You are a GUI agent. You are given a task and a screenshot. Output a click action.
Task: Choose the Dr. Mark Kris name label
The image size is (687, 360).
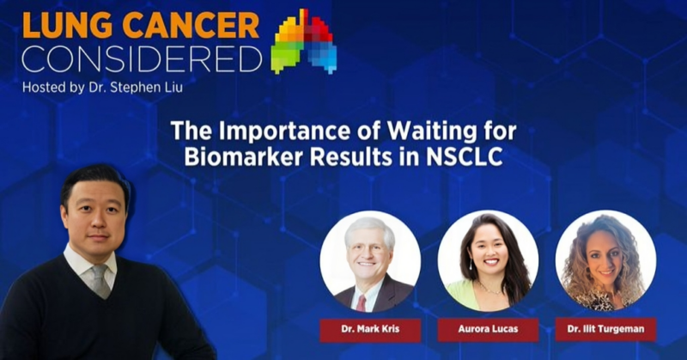(x=370, y=329)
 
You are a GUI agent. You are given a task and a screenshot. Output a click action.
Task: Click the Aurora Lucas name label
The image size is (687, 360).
(x=488, y=329)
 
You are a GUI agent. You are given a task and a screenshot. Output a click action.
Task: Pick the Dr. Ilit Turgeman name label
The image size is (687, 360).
(x=605, y=329)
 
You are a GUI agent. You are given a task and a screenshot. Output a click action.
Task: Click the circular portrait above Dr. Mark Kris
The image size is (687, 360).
(x=370, y=261)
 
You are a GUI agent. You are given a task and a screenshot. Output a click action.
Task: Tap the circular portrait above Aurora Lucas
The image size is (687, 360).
(x=488, y=261)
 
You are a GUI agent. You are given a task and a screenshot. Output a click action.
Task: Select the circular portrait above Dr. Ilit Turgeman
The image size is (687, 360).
(x=605, y=261)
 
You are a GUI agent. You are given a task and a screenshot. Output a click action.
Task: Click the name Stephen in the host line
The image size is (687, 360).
(x=135, y=88)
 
